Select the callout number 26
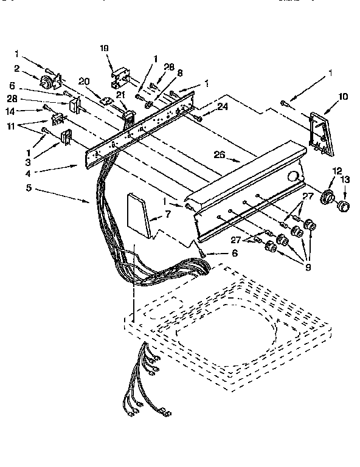220,155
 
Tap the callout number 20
84,81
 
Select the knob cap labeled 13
345,206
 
